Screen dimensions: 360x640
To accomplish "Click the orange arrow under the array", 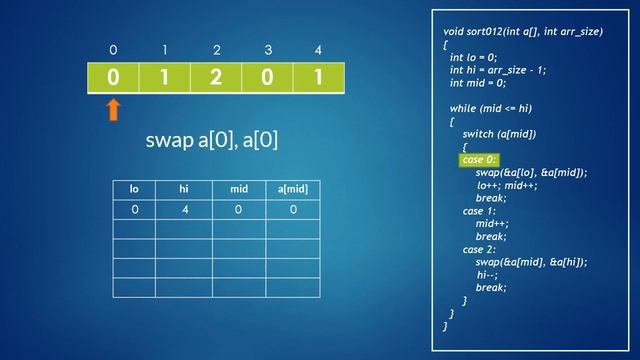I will (x=113, y=108).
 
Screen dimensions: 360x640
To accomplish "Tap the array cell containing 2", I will (x=216, y=78).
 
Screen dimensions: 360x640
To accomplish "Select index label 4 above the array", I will (x=318, y=50).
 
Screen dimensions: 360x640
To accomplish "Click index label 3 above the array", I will (x=268, y=50).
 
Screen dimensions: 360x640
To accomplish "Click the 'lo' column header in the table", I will (x=134, y=189).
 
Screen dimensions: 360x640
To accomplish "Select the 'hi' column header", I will (x=183, y=189).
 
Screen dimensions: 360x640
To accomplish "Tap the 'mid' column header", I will (x=238, y=189).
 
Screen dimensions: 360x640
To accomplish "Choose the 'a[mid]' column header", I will (x=293, y=189).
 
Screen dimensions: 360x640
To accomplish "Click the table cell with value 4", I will (x=183, y=210).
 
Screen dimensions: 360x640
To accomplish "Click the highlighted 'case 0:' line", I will (x=479, y=160).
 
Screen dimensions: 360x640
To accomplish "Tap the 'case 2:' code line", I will (x=480, y=249).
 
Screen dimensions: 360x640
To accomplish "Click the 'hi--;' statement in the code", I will (x=487, y=274).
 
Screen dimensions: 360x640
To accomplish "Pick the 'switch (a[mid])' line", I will (x=500, y=134).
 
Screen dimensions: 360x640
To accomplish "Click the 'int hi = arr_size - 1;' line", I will (x=498, y=70).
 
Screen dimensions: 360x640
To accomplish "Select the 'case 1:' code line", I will (x=479, y=211).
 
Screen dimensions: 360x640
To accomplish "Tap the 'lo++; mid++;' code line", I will (x=507, y=185).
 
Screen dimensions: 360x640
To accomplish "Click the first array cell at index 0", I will (x=113, y=78).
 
